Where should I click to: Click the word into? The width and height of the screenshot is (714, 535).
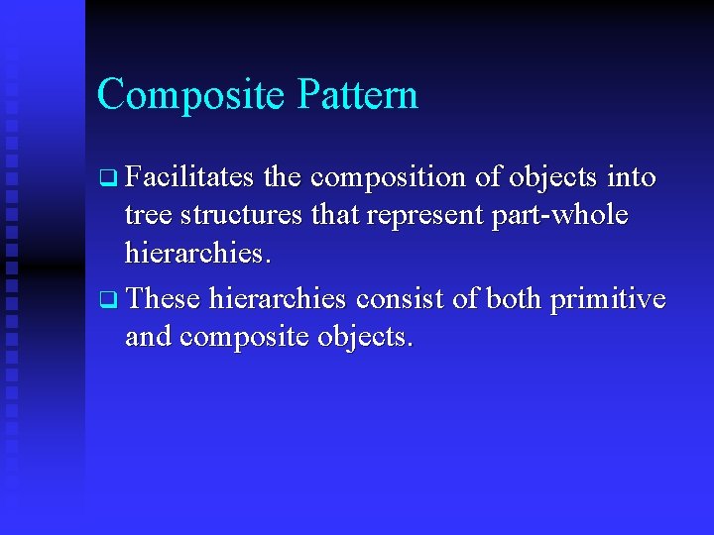pos(632,177)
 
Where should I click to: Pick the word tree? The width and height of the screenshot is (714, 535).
pos(146,217)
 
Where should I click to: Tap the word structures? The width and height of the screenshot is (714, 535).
pos(241,217)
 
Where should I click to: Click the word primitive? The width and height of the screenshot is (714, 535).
pos(616,298)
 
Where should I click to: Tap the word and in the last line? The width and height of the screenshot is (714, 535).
pos(148,337)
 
